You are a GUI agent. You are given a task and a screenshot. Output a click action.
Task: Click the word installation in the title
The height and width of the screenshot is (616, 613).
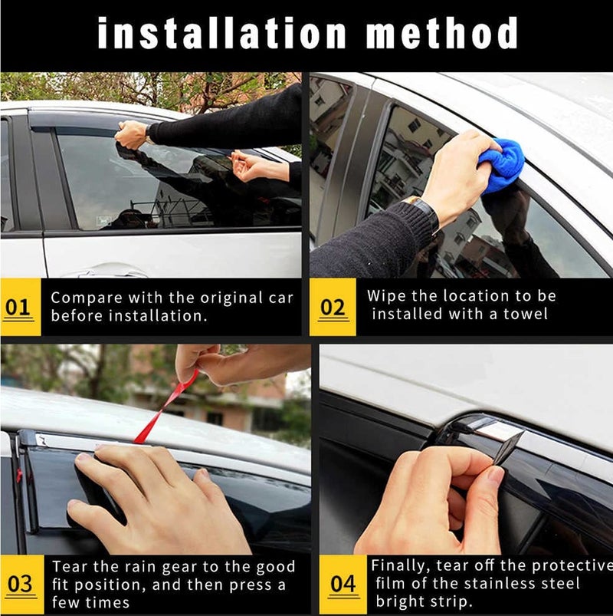221,33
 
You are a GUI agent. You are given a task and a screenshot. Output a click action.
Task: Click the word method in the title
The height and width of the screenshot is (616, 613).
441,33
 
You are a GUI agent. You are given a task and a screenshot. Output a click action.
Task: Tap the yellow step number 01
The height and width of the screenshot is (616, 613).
18,307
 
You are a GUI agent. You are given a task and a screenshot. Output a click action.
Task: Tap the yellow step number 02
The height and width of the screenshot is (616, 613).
333,307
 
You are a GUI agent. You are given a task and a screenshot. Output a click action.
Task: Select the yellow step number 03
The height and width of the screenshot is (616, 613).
20,584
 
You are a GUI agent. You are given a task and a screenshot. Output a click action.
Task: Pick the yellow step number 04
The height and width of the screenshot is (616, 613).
343,584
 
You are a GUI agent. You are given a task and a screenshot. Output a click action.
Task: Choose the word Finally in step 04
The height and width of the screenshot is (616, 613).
401,565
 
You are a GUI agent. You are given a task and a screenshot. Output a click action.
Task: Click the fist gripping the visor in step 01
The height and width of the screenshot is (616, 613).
133,135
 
